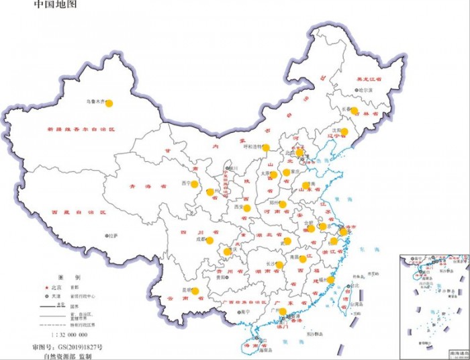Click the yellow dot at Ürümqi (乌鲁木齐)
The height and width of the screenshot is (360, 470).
pyautogui.click(x=109, y=103)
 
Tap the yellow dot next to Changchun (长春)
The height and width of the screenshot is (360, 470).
pyautogui.click(x=355, y=111)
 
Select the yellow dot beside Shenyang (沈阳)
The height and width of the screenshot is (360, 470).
pyautogui.click(x=344, y=132)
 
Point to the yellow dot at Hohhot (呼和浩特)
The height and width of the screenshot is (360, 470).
pyautogui.click(x=266, y=148)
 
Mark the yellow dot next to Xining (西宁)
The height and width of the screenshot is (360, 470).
pyautogui.click(x=195, y=183)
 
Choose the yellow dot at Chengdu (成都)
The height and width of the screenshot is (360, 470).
pyautogui.click(x=209, y=240)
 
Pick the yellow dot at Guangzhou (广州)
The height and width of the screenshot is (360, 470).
pyautogui.click(x=282, y=312)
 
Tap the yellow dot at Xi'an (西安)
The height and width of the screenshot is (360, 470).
pyautogui.click(x=247, y=208)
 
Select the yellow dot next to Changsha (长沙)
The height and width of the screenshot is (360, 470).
pyautogui.click(x=279, y=265)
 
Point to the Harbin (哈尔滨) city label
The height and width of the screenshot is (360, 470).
pyautogui.click(x=364, y=89)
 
